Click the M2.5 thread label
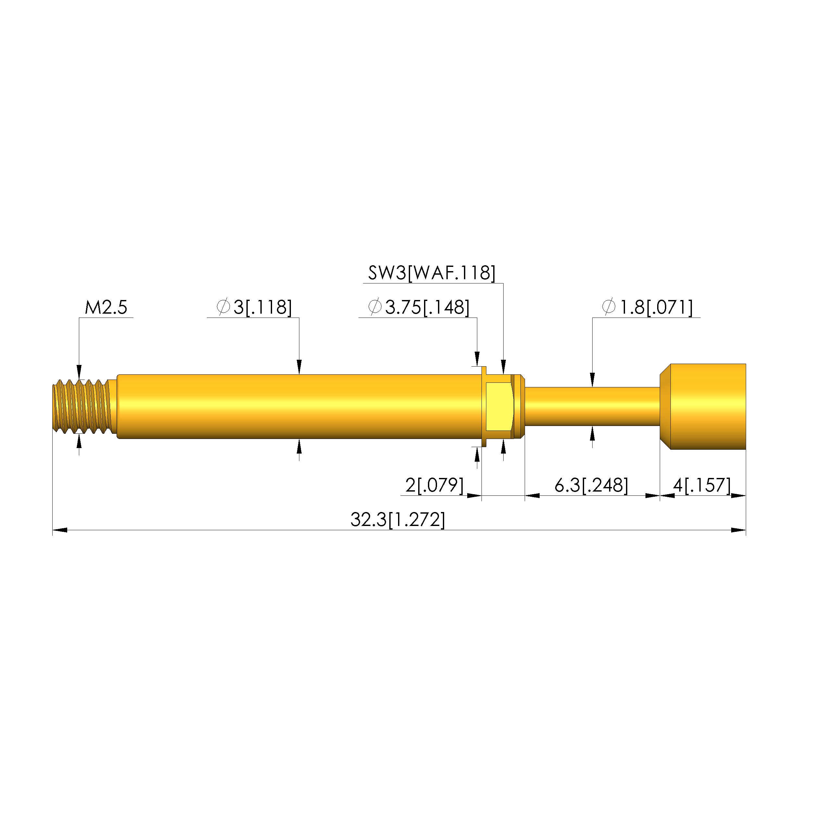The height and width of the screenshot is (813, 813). pos(106,307)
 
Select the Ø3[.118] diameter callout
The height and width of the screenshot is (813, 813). pos(254,307)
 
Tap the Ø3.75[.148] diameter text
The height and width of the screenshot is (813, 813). pos(419,307)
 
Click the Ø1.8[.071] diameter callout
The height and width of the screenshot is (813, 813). pos(647,307)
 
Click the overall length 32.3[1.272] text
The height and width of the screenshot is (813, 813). pos(398,520)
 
